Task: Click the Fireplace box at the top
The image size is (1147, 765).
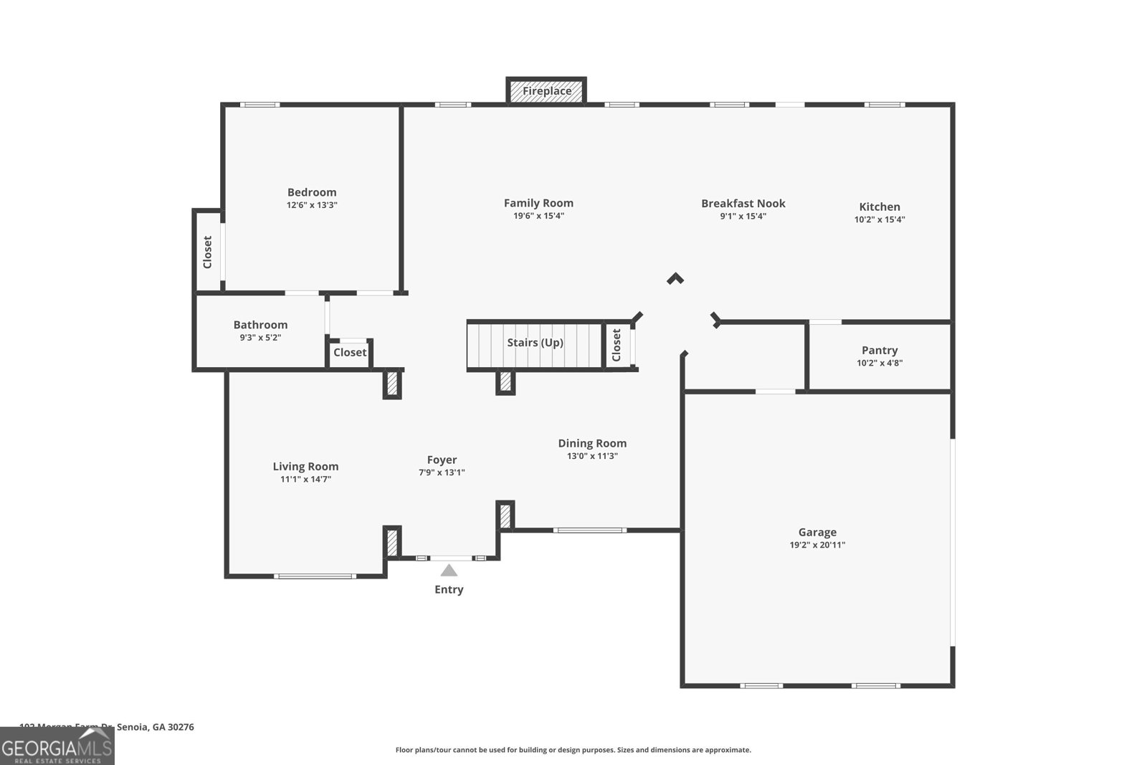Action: click(546, 91)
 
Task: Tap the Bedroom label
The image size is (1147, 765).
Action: click(312, 192)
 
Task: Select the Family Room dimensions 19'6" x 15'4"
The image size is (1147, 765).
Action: click(538, 216)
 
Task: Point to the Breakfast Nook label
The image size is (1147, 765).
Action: click(743, 204)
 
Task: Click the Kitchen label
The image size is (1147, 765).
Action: click(880, 206)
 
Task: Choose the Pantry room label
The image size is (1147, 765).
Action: click(880, 350)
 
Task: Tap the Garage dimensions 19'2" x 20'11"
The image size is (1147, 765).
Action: click(817, 545)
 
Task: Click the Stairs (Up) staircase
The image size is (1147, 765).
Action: click(535, 343)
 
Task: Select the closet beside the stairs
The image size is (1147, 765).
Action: click(617, 346)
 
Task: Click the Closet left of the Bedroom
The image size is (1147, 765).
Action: click(208, 252)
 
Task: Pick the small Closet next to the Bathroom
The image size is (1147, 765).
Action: click(350, 352)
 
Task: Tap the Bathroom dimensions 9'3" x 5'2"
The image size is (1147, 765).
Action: click(260, 337)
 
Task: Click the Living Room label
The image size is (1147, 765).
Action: click(305, 466)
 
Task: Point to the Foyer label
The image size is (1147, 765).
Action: click(442, 460)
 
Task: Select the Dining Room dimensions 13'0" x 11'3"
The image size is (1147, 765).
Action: click(592, 456)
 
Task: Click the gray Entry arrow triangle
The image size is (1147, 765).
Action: click(449, 571)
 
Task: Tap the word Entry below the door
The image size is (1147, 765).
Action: click(449, 589)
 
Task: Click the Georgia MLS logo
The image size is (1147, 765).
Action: click(57, 746)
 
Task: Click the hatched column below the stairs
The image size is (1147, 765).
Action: click(505, 381)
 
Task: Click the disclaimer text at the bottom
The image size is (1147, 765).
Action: click(573, 750)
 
